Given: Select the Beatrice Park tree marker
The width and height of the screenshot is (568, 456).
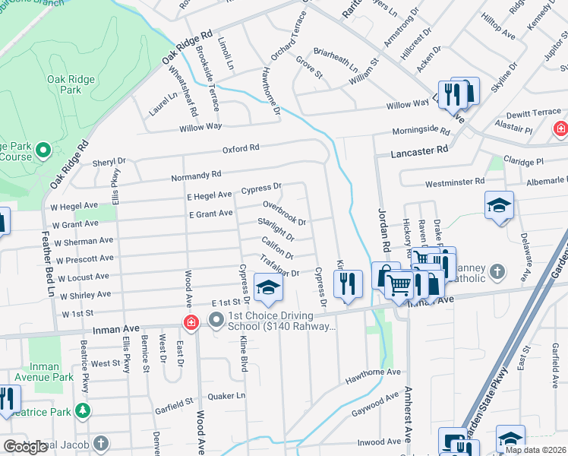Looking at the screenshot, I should point(83,412).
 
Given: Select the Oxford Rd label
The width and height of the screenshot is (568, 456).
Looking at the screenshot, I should point(241,148).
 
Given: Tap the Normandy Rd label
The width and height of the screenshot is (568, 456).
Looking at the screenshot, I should point(196,176).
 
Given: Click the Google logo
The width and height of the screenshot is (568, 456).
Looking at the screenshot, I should point(25,447).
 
